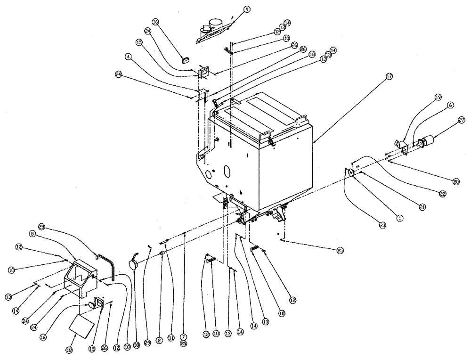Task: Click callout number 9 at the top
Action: click(247, 9)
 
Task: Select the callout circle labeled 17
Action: click(389, 76)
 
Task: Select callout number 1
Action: click(400, 218)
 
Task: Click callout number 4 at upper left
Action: click(128, 56)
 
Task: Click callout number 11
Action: click(171, 338)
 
